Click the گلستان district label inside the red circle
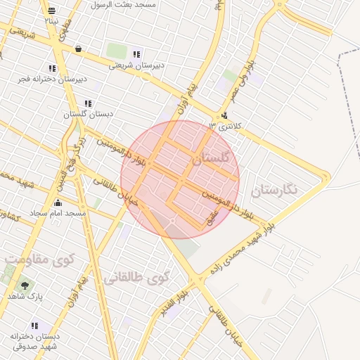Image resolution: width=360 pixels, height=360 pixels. pyautogui.click(x=210, y=159)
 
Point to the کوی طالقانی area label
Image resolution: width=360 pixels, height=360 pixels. pyautogui.click(x=137, y=277)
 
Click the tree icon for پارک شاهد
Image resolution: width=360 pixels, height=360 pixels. pyautogui.click(x=25, y=285)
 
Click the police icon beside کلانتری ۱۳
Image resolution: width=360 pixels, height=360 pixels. pyautogui.click(x=224, y=116)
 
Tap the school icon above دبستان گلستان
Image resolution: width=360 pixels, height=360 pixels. pyautogui.click(x=88, y=103)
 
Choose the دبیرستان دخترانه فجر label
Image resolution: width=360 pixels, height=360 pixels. pyautogui.click(x=53, y=79)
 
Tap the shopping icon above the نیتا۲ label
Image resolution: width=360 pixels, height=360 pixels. pyautogui.click(x=51, y=11)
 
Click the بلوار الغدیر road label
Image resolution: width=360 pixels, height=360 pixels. pyautogui.click(x=173, y=302)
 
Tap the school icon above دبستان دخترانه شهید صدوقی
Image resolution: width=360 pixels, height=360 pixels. pyautogui.click(x=34, y=326)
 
